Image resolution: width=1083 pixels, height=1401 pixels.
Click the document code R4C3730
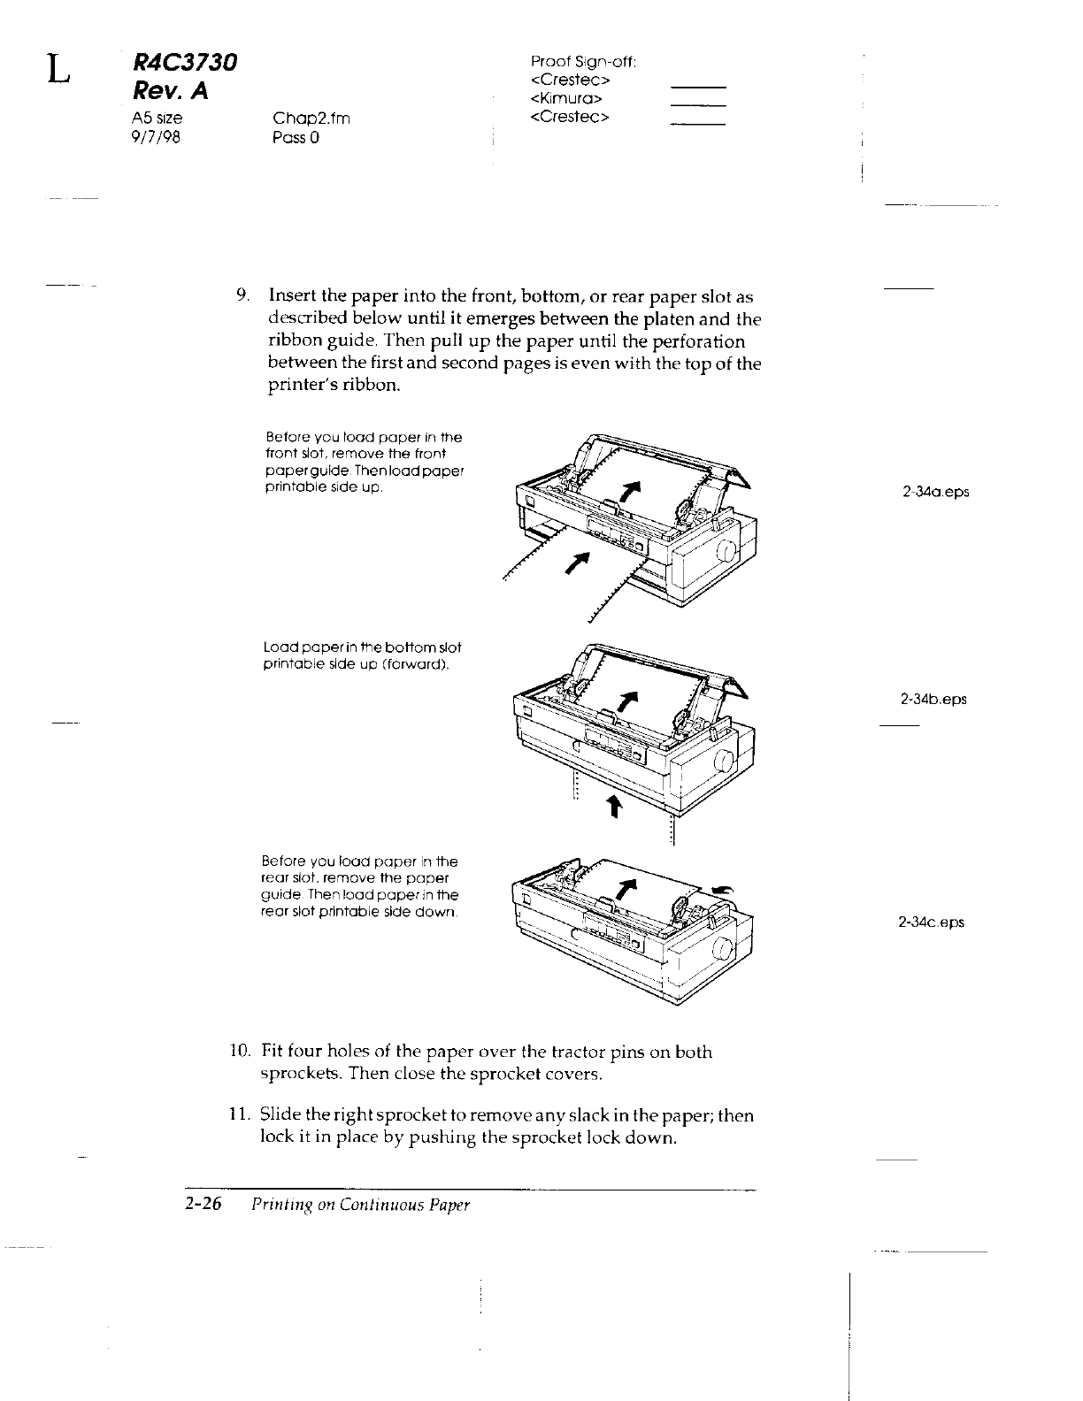tap(185, 62)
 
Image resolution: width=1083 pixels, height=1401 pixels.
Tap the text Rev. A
tap(169, 90)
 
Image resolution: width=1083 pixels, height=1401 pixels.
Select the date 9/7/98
tap(155, 137)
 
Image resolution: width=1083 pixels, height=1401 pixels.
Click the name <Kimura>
tap(566, 97)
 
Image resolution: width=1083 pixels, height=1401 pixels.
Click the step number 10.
tap(238, 1051)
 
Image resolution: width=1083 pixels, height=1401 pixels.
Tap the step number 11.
tap(238, 1115)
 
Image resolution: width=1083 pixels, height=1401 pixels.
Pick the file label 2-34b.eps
tap(933, 699)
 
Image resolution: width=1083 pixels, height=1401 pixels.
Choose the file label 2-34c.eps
tap(931, 922)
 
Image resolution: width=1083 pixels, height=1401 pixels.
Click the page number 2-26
tap(207, 1205)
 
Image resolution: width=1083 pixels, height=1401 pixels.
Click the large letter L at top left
tap(58, 69)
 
